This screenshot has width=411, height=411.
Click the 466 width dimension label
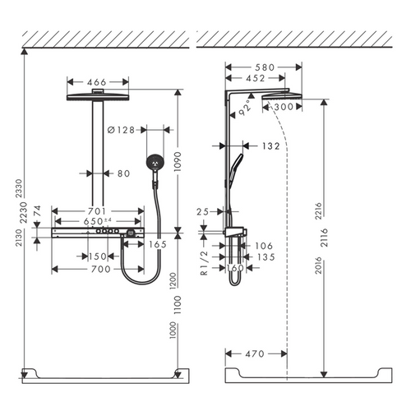click(97, 82)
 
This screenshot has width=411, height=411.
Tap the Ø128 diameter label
click(121, 130)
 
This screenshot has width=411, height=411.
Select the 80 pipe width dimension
click(123, 173)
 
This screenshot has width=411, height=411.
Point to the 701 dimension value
click(96, 211)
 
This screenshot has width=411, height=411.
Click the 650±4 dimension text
click(97, 221)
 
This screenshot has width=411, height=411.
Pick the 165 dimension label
click(158, 244)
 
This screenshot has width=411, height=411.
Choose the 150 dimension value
click(98, 256)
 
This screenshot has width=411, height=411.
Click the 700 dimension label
click(101, 269)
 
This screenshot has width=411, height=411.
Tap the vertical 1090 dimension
click(178, 162)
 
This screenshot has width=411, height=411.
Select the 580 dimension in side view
click(265, 67)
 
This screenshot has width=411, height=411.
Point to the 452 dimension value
click(256, 78)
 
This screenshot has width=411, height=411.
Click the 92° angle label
click(245, 108)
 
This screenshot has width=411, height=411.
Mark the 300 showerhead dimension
click(284, 107)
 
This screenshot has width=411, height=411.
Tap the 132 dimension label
click(271, 146)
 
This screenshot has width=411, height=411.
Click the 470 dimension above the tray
click(255, 353)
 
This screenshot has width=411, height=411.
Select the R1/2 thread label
click(205, 263)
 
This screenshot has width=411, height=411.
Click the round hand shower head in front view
click(155, 162)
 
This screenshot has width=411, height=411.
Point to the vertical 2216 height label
click(318, 211)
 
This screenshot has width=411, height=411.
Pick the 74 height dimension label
click(37, 211)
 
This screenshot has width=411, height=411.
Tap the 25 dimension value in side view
click(203, 211)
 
